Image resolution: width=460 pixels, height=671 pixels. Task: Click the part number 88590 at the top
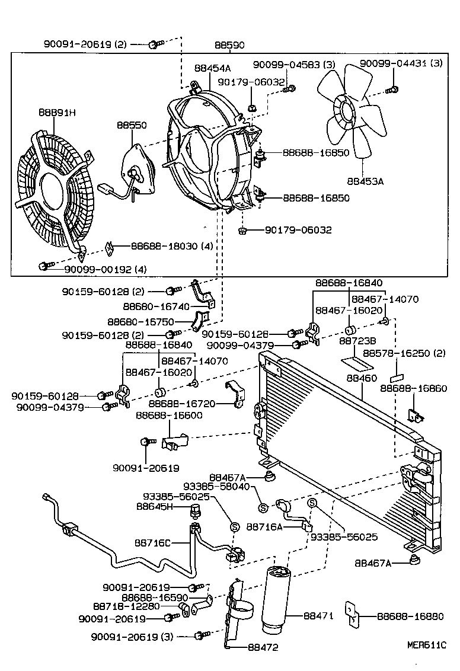point(229,44)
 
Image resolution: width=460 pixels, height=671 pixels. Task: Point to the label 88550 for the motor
point(132,126)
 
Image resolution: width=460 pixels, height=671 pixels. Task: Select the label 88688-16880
point(410,616)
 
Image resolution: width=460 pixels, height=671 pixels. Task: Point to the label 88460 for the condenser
point(362,378)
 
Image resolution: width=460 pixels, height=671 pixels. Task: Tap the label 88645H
point(154,506)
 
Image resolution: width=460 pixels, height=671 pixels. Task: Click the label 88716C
point(152,542)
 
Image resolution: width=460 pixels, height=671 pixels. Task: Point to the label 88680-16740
point(157,306)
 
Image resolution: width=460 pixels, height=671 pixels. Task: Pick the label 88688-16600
point(169,416)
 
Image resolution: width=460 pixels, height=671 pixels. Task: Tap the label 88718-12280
point(126,606)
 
